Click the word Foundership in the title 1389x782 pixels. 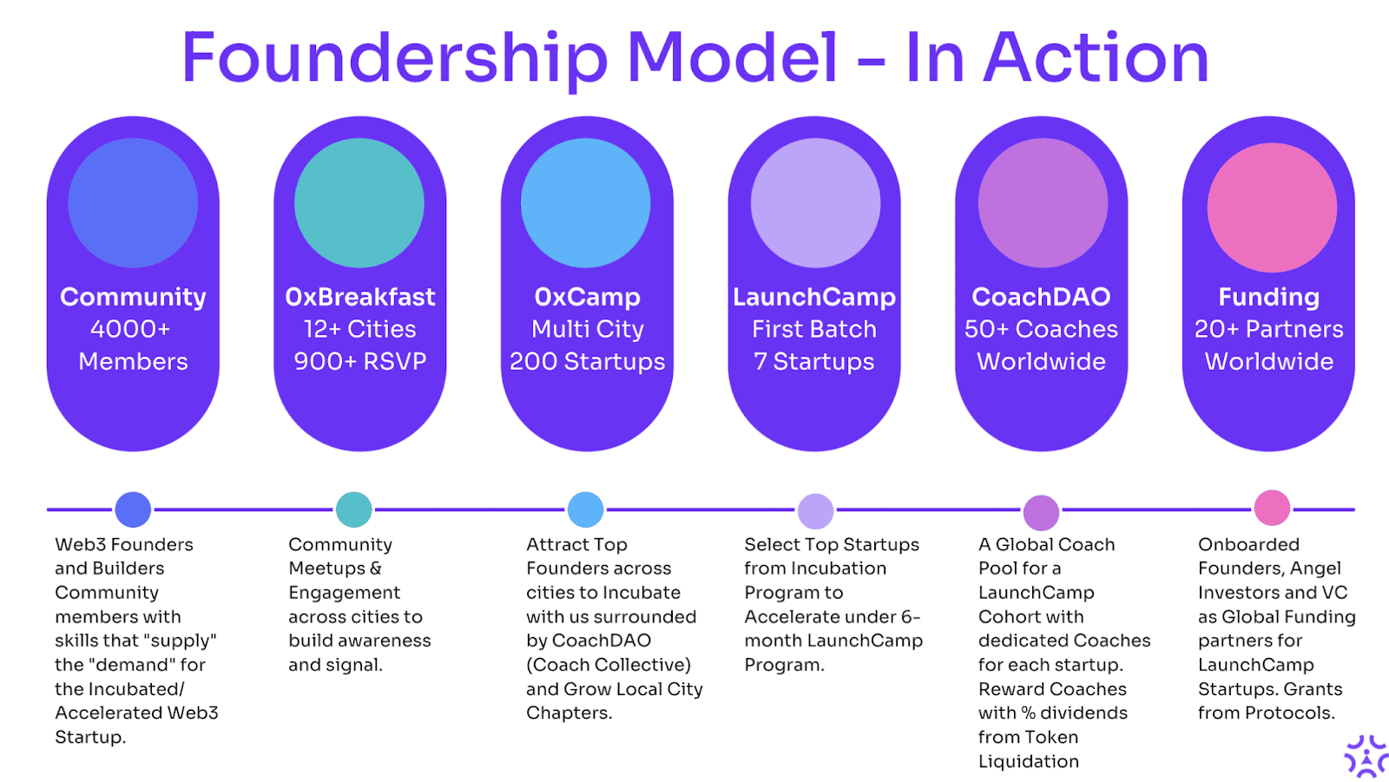[394, 59]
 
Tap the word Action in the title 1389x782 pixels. [1096, 57]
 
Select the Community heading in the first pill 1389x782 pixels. [133, 298]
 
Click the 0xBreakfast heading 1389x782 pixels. [360, 297]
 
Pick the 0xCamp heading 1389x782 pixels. [587, 298]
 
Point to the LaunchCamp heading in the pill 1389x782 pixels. [814, 298]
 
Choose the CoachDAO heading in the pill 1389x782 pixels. [1041, 297]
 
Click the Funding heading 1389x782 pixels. [1268, 298]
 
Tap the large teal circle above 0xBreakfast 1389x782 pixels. [359, 203]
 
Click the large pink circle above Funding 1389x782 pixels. [1272, 207]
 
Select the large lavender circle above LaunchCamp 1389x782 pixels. [815, 203]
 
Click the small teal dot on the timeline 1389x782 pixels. [353, 509]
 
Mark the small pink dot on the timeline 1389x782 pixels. [1272, 508]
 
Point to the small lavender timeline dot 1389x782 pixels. [815, 511]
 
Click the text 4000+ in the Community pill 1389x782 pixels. [130, 329]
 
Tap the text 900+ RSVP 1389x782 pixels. [360, 362]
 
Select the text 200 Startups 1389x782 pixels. [587, 362]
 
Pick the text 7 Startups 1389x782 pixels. [814, 362]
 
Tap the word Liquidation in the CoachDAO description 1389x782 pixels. [1029, 761]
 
